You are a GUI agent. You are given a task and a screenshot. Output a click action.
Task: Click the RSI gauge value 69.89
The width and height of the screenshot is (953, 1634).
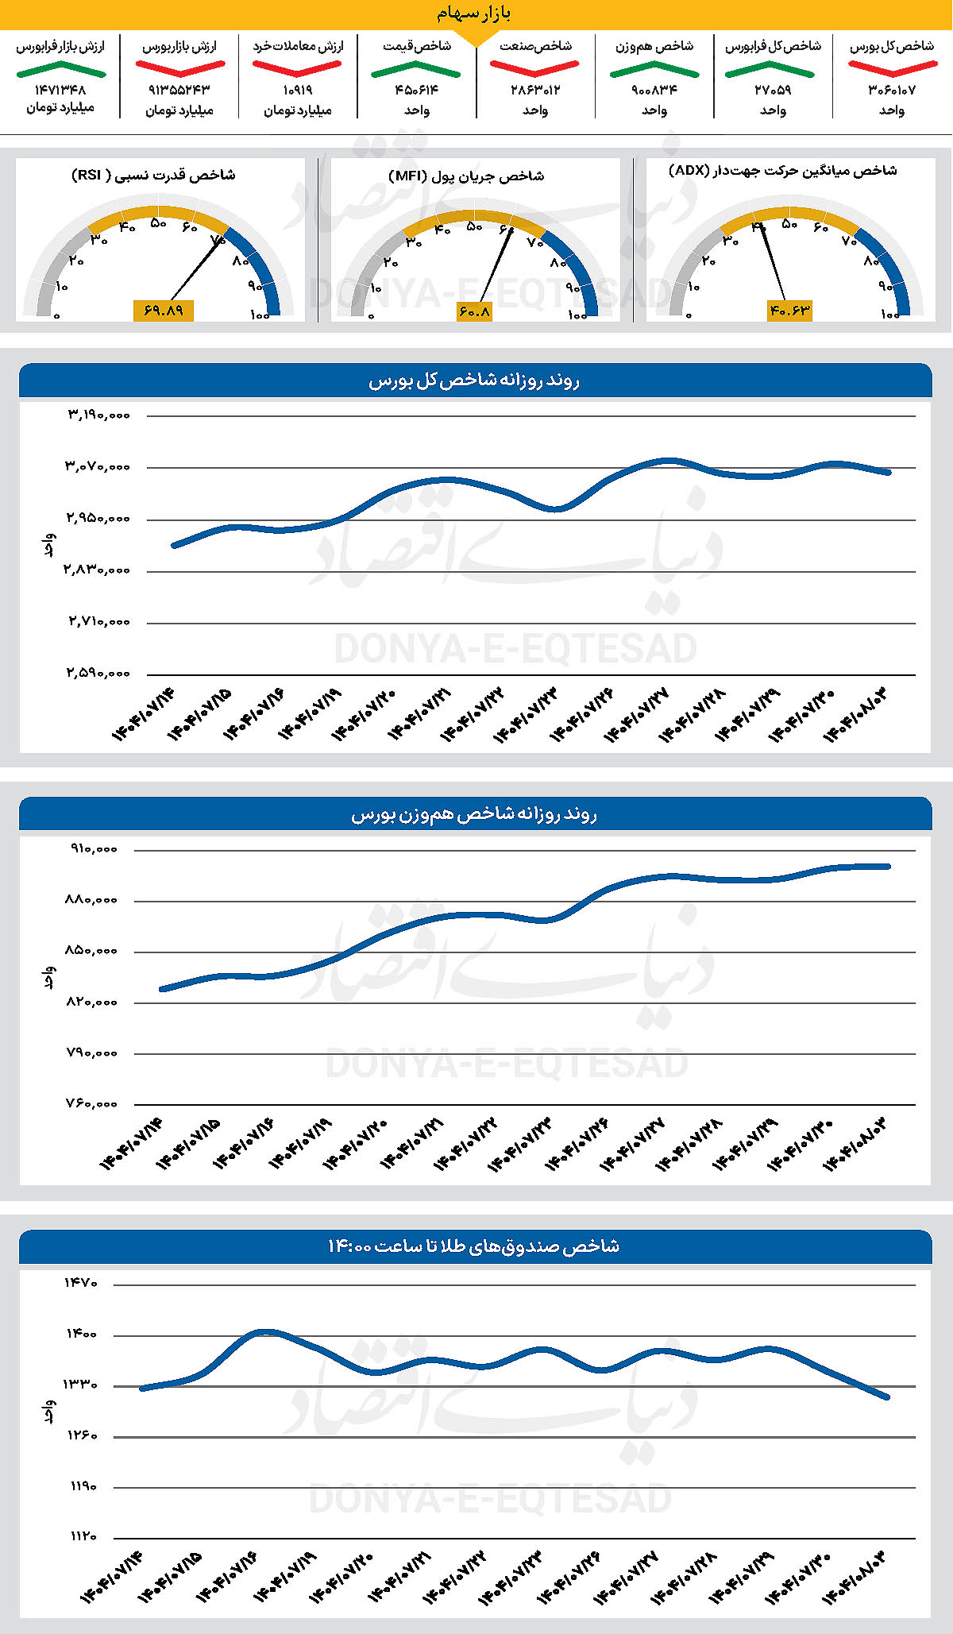164,311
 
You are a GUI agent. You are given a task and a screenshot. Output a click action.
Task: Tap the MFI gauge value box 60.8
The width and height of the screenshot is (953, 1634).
474,312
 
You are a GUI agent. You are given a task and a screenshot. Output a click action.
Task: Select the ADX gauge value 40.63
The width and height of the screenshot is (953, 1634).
789,311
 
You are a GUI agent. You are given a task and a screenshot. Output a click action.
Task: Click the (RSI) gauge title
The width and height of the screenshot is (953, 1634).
153,175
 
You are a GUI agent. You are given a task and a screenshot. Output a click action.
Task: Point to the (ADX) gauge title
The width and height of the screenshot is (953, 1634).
782,171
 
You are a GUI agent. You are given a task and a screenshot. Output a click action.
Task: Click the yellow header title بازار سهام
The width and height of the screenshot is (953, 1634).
474,14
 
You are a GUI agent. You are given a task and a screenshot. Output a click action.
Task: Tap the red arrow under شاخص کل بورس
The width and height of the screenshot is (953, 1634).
892,68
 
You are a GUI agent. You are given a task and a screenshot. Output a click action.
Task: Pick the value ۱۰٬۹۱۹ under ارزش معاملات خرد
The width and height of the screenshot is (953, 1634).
298,91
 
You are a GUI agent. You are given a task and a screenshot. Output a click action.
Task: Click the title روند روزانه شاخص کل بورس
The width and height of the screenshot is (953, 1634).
474,381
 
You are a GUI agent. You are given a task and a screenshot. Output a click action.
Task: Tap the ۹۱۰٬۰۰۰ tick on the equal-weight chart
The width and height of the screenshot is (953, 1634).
94,849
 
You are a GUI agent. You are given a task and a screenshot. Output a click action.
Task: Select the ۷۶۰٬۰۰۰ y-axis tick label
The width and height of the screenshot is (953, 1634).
92,1104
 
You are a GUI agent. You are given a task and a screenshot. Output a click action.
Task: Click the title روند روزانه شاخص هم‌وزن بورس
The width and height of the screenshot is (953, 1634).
474,815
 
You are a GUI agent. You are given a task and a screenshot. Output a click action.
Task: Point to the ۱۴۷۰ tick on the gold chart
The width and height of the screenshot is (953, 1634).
81,1283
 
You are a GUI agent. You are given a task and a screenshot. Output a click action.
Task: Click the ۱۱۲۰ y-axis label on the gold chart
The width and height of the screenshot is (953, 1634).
81,1537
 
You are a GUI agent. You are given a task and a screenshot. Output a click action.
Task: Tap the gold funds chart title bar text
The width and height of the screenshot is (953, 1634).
474,1246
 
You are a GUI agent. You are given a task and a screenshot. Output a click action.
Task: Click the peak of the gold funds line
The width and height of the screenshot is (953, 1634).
265,1331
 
